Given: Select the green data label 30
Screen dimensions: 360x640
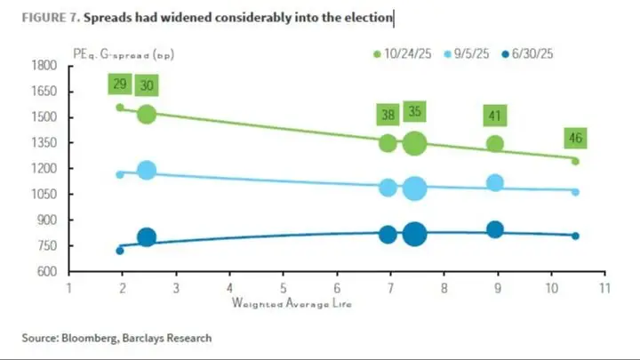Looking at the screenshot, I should pyautogui.click(x=147, y=84).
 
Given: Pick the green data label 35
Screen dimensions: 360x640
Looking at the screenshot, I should pyautogui.click(x=414, y=112).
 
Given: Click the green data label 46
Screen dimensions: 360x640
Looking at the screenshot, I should pyautogui.click(x=575, y=138).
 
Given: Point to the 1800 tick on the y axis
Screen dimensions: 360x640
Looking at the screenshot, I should pyautogui.click(x=44, y=66).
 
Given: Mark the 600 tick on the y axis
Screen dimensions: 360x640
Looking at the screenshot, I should pyautogui.click(x=46, y=271).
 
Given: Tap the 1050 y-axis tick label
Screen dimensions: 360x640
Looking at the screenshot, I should pyautogui.click(x=44, y=194).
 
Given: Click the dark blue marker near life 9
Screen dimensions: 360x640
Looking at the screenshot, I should pyautogui.click(x=495, y=230).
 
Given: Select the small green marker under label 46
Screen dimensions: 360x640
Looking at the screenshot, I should pyautogui.click(x=575, y=161).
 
